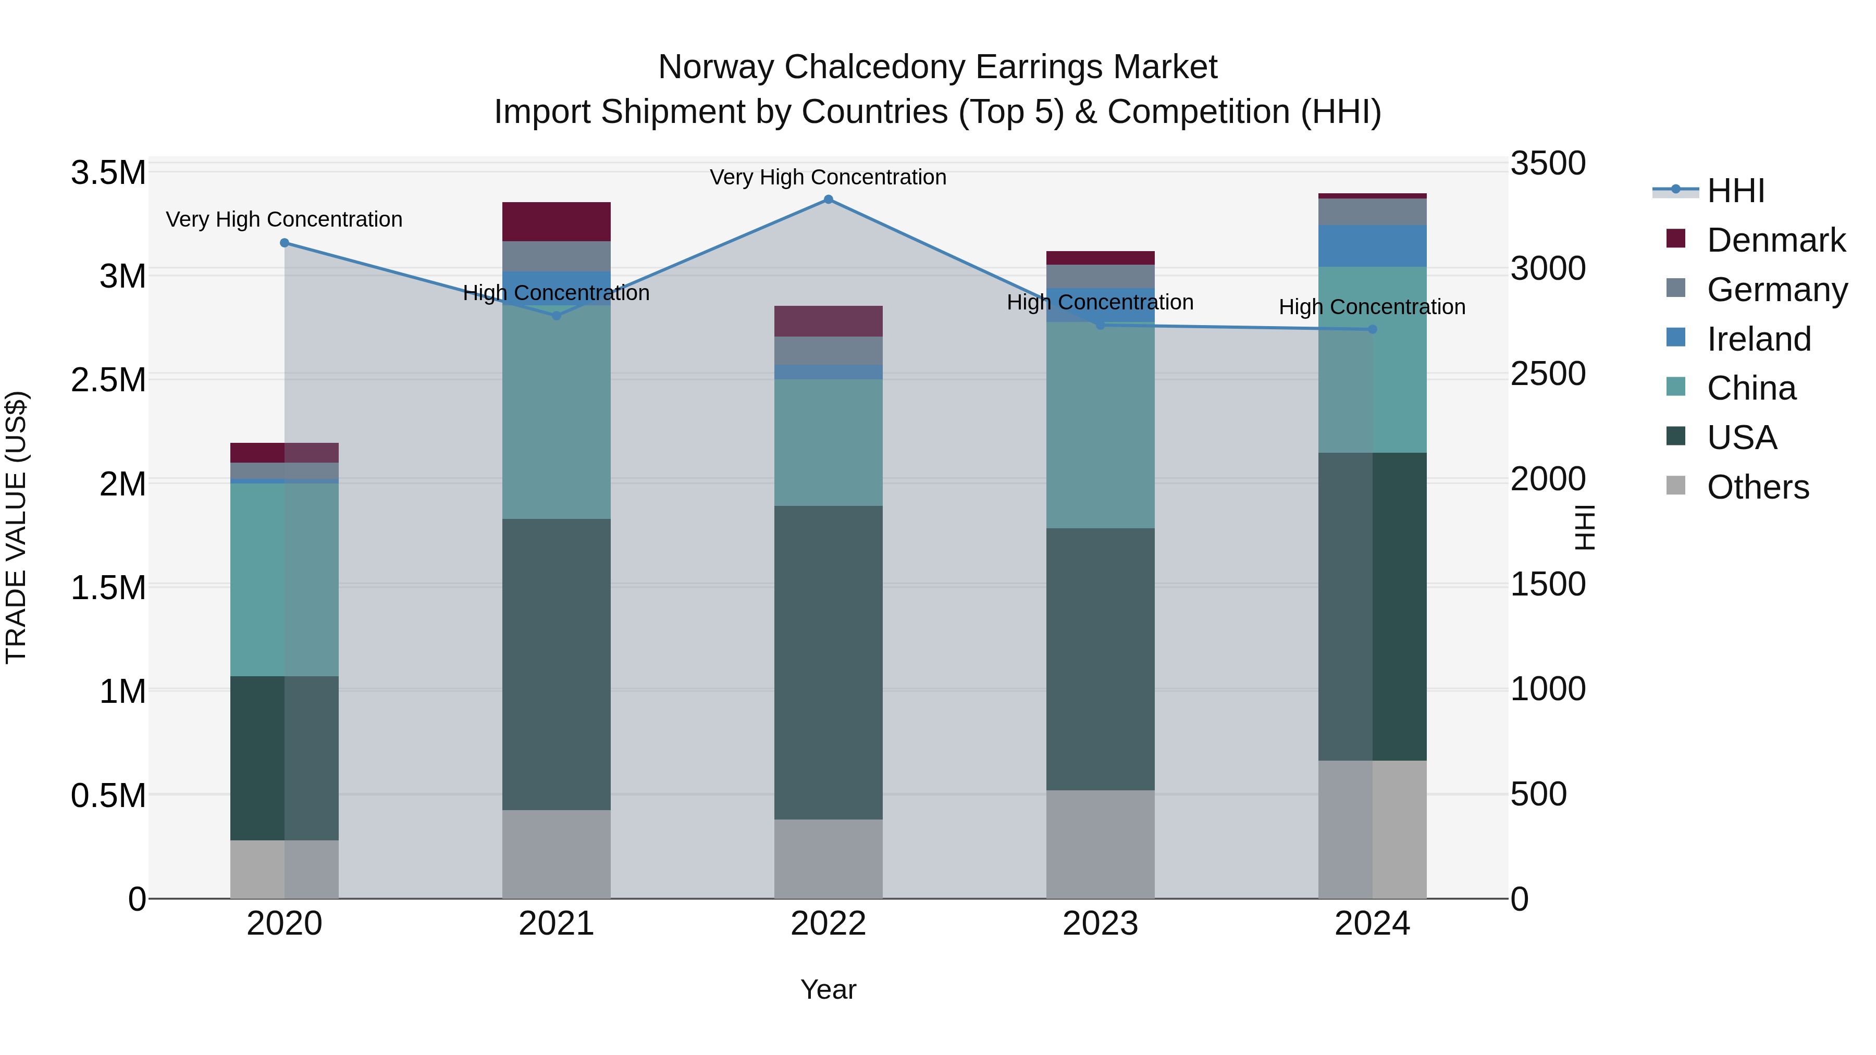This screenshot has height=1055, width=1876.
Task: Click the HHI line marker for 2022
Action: pos(828,200)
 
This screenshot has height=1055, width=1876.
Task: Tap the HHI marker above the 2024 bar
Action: pos(1372,330)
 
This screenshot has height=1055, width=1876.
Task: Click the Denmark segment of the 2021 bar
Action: pos(557,221)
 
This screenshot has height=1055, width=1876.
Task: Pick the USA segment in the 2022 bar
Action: pos(828,663)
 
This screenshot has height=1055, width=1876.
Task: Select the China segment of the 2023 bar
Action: pos(1101,425)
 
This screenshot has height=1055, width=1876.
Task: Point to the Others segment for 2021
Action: pos(557,854)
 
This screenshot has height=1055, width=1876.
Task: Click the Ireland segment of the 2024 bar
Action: pos(1372,246)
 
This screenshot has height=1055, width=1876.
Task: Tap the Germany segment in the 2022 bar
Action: pos(828,350)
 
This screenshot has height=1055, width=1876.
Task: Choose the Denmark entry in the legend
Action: pos(1775,240)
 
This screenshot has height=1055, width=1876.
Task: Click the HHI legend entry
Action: pos(1735,191)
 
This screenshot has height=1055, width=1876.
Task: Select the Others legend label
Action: pos(1757,487)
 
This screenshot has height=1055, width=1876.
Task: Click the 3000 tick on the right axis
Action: pos(1548,269)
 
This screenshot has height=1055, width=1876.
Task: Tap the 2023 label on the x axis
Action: pos(1101,924)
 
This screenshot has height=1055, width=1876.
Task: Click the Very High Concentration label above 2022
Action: pos(828,177)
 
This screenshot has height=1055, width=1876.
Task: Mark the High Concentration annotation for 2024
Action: pos(1372,307)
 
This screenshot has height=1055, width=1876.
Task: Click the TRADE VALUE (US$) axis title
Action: pos(16,527)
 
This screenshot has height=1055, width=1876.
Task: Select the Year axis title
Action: pos(828,989)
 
